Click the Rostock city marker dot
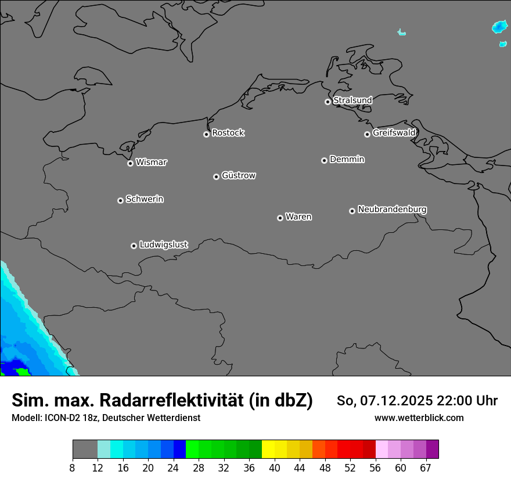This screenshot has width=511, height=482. pyautogui.click(x=206, y=134)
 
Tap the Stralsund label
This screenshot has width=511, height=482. pyautogui.click(x=352, y=100)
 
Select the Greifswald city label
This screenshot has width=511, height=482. pyautogui.click(x=394, y=133)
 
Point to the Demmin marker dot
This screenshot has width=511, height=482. pyautogui.click(x=324, y=160)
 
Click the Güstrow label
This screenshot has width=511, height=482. pyautogui.click(x=239, y=175)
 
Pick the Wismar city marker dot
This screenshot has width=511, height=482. pyautogui.click(x=130, y=163)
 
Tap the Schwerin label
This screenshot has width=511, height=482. pyautogui.click(x=145, y=199)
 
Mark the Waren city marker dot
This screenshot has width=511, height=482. pyautogui.click(x=280, y=218)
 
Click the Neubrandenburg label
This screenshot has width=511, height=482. pyautogui.click(x=392, y=210)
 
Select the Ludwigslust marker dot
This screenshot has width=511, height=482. pyautogui.click(x=134, y=246)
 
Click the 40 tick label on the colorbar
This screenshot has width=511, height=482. pyautogui.click(x=274, y=468)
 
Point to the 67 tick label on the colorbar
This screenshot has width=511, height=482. pyautogui.click(x=426, y=468)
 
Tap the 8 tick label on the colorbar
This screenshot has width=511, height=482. pyautogui.click(x=73, y=468)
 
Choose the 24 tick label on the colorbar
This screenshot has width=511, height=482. pyautogui.click(x=173, y=468)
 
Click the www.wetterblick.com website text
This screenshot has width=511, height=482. pyautogui.click(x=419, y=418)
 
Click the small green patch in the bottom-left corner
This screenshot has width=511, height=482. pyautogui.click(x=22, y=372)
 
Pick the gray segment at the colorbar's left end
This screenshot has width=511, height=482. pyautogui.click(x=85, y=449)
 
